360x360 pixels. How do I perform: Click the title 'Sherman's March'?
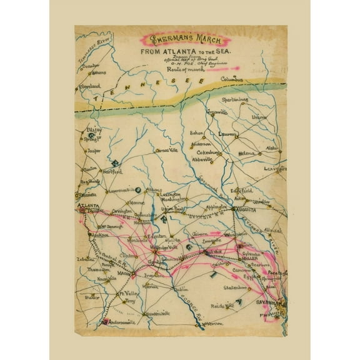pyautogui.click(x=179, y=36)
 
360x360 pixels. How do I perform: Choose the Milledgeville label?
pyautogui.click(x=165, y=247)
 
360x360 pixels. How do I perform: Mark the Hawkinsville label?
pyautogui.click(x=154, y=312)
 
